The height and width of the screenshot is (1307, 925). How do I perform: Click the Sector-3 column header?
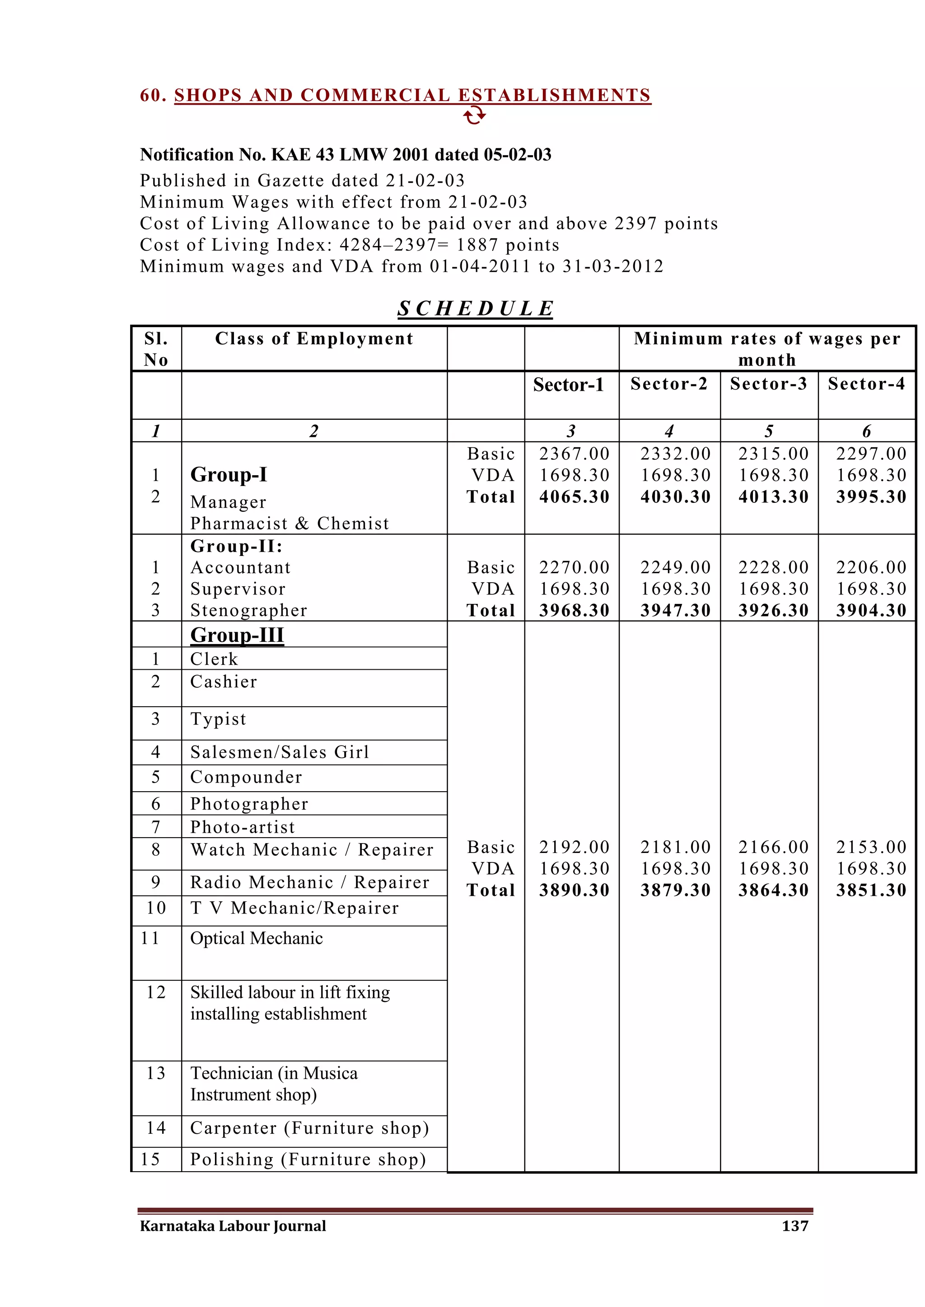(768, 384)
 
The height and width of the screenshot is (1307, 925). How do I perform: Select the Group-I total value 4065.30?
(574, 497)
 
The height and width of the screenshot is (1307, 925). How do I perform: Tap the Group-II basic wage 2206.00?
(871, 568)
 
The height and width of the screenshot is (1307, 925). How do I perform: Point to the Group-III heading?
(237, 635)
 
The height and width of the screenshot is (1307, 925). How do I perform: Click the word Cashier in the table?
(223, 682)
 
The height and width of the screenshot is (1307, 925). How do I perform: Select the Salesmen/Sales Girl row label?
(280, 752)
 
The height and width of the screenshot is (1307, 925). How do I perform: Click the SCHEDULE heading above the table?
(475, 309)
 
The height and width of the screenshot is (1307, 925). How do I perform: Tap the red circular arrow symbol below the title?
(474, 116)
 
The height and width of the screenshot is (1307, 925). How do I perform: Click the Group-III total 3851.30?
(871, 890)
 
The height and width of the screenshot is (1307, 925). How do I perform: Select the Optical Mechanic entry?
(256, 938)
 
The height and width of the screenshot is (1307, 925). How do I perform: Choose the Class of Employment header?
(314, 338)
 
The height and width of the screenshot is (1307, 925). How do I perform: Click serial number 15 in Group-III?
(150, 1159)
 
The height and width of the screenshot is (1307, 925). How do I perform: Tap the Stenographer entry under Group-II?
(249, 611)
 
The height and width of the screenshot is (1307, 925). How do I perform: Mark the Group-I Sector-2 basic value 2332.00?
(676, 454)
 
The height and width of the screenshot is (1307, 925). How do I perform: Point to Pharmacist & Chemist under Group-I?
(290, 524)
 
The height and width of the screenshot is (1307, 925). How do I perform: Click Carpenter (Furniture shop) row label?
(309, 1128)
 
